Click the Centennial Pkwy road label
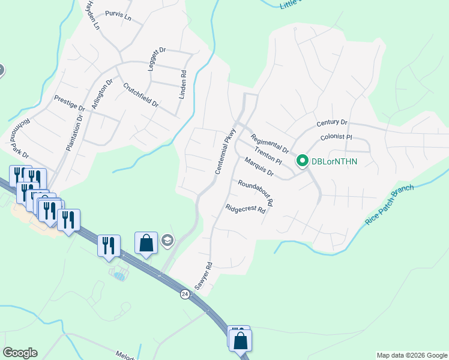click(x=223, y=152)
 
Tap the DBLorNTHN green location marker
click(x=303, y=161)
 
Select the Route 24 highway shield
click(x=184, y=293)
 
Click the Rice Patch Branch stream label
click(x=389, y=206)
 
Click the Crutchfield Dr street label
click(x=140, y=94)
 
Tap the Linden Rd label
click(x=184, y=85)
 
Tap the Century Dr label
click(x=332, y=123)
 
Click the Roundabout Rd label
click(x=255, y=193)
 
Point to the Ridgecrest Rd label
click(x=246, y=209)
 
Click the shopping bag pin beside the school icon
click(x=146, y=243)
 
